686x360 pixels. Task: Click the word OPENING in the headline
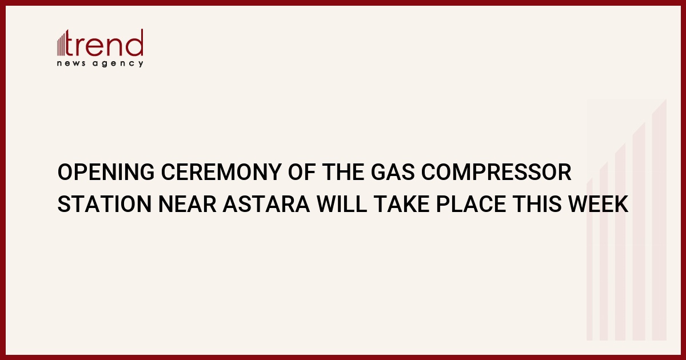tap(106, 172)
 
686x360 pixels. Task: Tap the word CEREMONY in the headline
tap(221, 172)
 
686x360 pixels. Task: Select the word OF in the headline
tap(302, 172)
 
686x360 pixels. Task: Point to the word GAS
tap(393, 172)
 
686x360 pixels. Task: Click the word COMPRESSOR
tap(496, 172)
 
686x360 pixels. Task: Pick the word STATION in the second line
tap(105, 204)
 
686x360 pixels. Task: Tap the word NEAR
tap(188, 204)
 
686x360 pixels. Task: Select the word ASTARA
tap(266, 204)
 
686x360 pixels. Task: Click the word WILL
tap(342, 204)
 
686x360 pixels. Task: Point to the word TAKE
tap(401, 204)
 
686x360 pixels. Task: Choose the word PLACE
tap(470, 204)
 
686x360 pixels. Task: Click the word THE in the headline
tap(343, 172)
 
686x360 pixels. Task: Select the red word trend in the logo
tap(104, 43)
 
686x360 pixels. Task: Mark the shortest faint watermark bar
tap(589, 259)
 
